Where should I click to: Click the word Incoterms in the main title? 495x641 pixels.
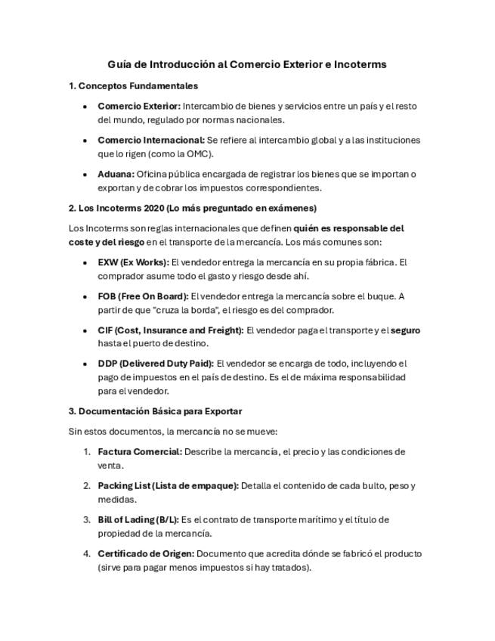[360, 64]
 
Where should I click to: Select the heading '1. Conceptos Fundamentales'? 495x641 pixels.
[133, 86]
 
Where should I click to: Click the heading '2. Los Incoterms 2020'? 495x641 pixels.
[122, 208]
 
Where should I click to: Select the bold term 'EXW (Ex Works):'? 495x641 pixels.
[133, 262]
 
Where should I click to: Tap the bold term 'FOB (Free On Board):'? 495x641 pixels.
[143, 296]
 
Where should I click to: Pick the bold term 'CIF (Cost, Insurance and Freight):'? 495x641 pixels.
[170, 330]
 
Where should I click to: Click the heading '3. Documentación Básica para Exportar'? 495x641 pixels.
[155, 411]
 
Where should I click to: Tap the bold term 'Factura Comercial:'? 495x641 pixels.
[140, 451]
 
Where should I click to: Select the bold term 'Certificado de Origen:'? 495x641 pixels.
[146, 553]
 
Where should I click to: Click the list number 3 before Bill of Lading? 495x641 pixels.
[86, 519]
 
